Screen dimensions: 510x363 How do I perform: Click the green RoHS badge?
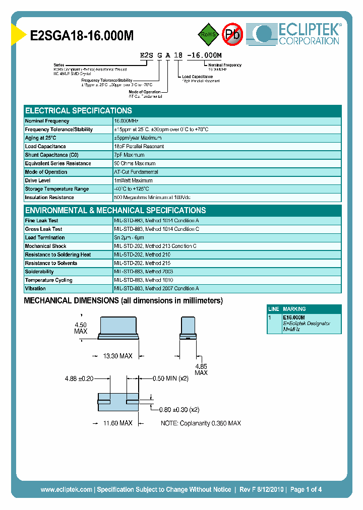[207, 34]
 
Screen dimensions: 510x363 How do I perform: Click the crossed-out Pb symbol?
[233, 34]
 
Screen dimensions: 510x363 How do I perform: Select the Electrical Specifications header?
[79, 111]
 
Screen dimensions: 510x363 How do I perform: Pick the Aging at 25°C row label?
[41, 138]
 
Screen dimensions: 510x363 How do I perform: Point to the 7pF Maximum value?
[130, 155]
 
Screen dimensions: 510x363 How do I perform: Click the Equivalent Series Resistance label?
[58, 164]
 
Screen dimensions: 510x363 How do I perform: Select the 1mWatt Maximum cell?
[134, 180]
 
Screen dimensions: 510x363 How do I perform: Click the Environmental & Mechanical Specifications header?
[115, 211]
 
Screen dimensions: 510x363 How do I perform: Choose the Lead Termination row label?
[45, 237]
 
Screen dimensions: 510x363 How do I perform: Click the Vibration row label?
[35, 289]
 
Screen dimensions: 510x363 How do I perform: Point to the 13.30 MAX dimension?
[117, 356]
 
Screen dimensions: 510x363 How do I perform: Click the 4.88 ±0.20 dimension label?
[80, 378]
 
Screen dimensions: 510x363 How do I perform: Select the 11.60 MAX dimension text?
[117, 423]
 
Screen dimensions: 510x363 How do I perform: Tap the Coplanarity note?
[201, 423]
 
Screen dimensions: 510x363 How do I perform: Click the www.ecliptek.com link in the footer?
[66, 489]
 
